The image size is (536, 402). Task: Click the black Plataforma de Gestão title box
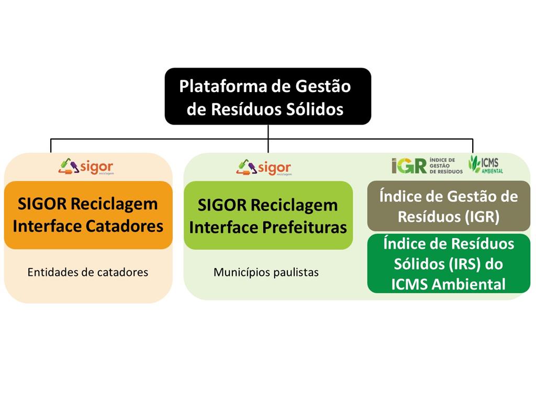click(268, 96)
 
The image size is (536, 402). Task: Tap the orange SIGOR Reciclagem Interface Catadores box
click(88, 215)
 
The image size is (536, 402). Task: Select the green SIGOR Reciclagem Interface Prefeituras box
click(269, 215)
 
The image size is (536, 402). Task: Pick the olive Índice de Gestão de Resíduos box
click(449, 206)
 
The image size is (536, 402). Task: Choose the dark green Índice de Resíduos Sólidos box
click(449, 264)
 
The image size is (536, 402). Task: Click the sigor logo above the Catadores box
click(86, 167)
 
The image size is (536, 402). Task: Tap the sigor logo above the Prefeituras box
click(264, 167)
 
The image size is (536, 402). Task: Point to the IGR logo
click(427, 166)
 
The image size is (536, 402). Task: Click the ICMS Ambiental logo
click(486, 164)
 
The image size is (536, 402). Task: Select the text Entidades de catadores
click(88, 272)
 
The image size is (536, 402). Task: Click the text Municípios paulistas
click(266, 272)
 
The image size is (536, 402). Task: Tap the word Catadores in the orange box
click(124, 226)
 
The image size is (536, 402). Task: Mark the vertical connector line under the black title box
click(268, 138)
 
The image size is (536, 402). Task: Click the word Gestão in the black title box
click(323, 86)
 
